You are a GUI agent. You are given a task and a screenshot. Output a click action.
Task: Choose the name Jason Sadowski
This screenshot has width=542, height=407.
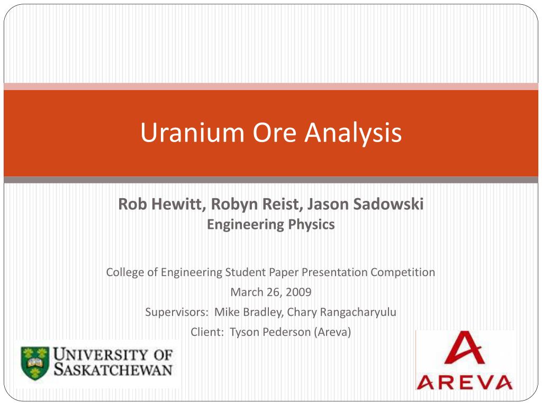coord(366,204)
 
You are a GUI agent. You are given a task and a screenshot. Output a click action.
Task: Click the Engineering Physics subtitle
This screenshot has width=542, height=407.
coord(270,225)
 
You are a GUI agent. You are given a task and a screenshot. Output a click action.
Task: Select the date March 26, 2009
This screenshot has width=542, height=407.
coord(270,292)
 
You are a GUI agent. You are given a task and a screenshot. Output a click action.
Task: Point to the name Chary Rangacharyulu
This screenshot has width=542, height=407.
coord(341,312)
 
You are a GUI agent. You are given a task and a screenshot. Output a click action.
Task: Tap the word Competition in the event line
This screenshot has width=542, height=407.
coord(402,272)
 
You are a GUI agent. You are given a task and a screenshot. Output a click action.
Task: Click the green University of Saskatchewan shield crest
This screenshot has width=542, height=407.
coord(35,364)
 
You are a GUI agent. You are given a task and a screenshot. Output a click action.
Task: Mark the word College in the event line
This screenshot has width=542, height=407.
coord(125,272)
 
